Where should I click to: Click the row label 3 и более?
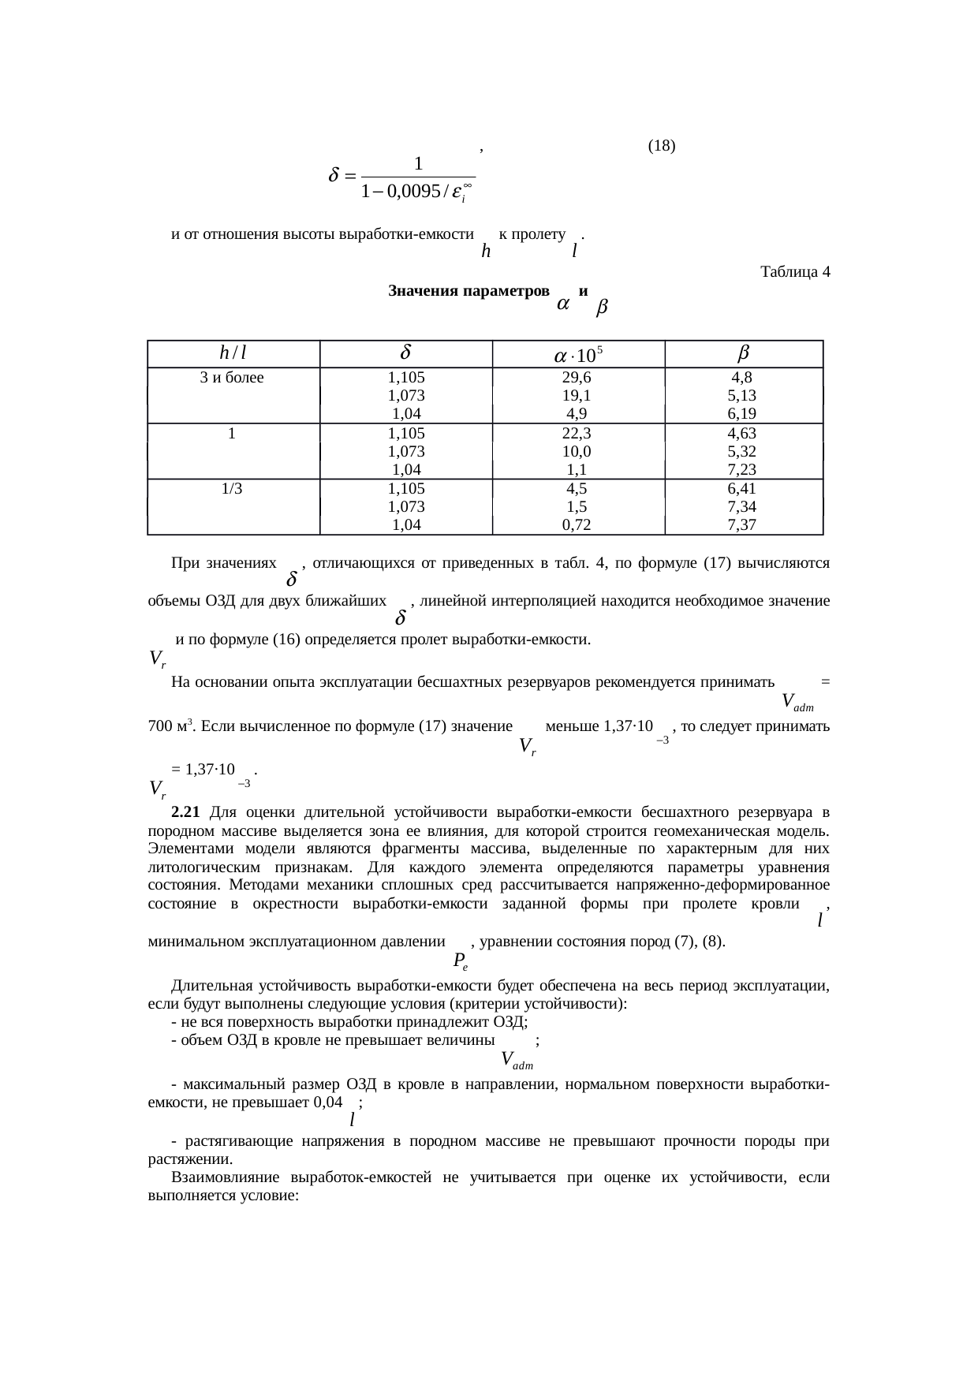tap(232, 377)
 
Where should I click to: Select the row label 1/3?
tap(232, 488)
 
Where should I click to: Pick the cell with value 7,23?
tap(743, 469)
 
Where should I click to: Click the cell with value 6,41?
tap(743, 488)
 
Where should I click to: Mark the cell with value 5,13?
tap(743, 395)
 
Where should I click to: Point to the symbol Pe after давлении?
tap(461, 961)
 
